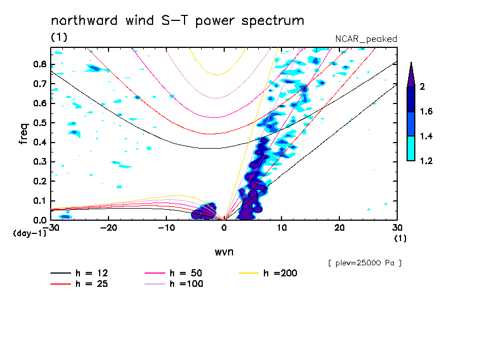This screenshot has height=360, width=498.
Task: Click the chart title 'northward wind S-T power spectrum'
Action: point(177,21)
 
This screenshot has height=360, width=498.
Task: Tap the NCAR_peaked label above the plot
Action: point(366,39)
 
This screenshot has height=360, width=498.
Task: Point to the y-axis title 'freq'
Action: point(23,134)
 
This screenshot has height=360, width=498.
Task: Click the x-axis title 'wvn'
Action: point(224,252)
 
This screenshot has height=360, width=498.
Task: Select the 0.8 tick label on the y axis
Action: point(39,64)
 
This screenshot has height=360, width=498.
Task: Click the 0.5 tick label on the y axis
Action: point(39,123)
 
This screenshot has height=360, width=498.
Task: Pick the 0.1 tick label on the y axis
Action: point(39,201)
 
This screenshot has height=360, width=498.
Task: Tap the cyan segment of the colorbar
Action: point(411,149)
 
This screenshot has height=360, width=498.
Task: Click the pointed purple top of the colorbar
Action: point(411,74)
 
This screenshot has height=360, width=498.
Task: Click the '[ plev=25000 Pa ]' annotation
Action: point(365,263)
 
